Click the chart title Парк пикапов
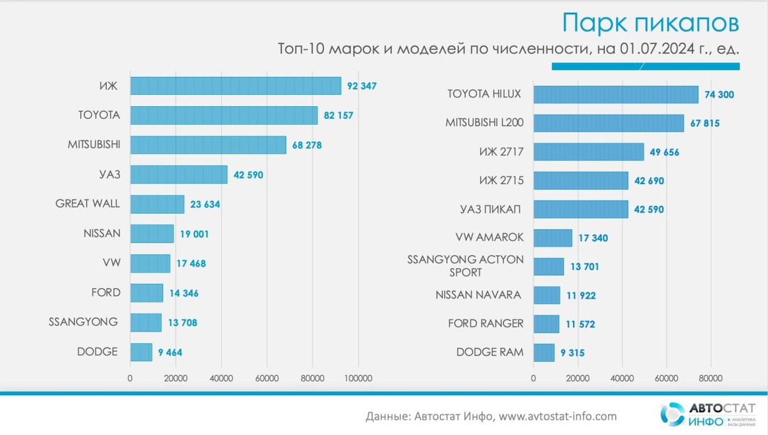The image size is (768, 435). (x=650, y=22)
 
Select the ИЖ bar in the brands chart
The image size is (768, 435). (x=236, y=86)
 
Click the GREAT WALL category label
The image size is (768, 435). (x=88, y=204)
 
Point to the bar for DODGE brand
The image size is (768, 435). (x=141, y=352)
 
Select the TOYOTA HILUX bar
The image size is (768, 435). (x=616, y=95)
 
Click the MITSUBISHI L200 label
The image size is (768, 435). (x=484, y=123)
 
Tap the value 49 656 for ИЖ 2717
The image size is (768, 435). (x=663, y=152)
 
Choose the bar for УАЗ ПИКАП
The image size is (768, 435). (x=580, y=209)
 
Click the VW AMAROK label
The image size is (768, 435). (x=490, y=237)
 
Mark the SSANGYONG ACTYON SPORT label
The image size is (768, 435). (x=465, y=265)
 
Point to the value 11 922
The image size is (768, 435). (x=580, y=296)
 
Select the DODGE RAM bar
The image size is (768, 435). (x=544, y=352)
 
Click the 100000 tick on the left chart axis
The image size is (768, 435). (x=358, y=378)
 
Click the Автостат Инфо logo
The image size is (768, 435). (x=708, y=414)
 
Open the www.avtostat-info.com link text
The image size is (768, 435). (x=557, y=416)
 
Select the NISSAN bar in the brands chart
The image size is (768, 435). (x=152, y=233)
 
